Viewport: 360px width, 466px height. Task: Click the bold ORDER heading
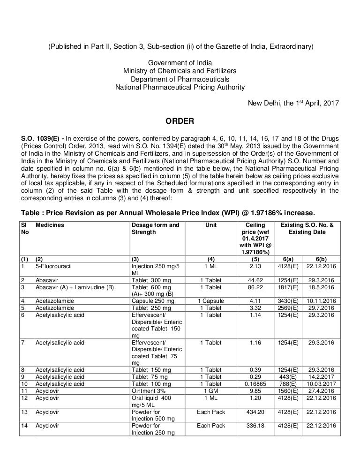coord(180,122)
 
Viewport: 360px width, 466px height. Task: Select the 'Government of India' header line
coord(180,62)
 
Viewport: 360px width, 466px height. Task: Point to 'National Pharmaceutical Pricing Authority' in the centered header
coord(180,87)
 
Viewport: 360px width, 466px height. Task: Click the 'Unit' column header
coord(211,225)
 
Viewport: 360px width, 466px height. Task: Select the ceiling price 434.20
coord(255,413)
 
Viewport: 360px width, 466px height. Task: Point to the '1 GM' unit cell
coord(211,391)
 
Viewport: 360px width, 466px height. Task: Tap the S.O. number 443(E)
coord(288,376)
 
